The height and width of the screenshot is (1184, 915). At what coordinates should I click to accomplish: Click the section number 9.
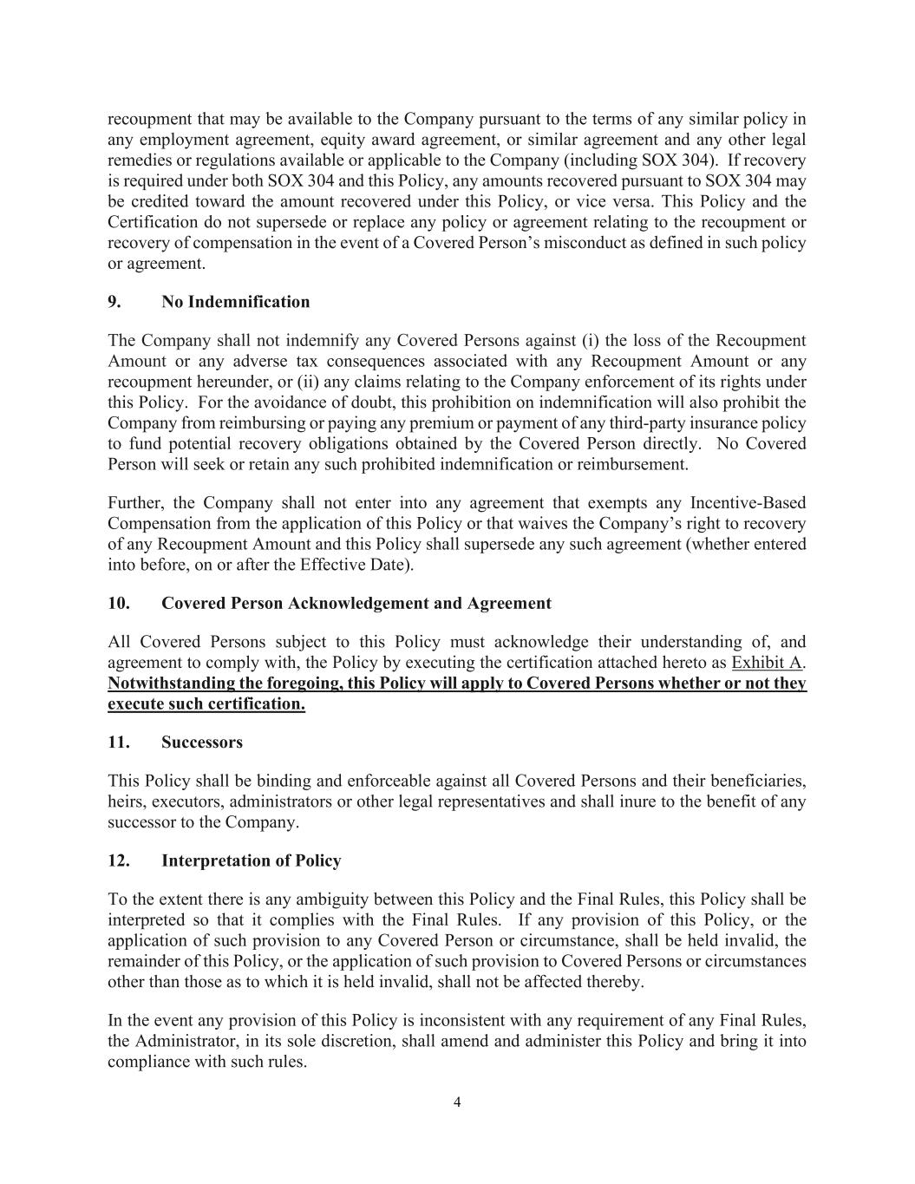point(114,302)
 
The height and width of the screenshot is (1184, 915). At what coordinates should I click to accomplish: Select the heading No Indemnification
point(235,302)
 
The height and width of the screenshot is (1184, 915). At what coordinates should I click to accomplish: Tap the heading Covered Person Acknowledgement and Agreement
point(356,603)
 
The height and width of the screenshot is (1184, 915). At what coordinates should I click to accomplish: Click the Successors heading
point(202,742)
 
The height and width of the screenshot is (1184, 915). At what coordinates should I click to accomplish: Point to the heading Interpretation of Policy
point(251,860)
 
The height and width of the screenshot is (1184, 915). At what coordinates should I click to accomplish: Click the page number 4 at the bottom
point(457,1102)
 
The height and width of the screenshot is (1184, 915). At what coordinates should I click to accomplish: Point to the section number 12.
point(118,860)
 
